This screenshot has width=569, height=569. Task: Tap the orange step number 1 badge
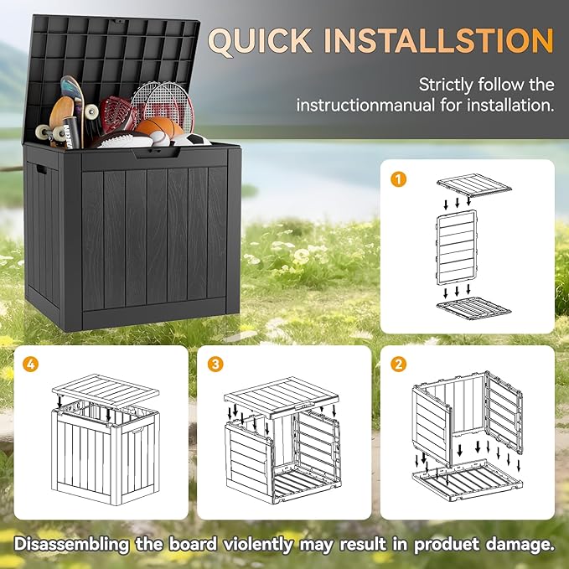pyautogui.click(x=400, y=179)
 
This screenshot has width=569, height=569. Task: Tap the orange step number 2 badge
pyautogui.click(x=400, y=365)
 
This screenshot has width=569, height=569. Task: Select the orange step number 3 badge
pyautogui.click(x=217, y=365)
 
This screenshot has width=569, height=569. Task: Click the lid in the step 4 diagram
pyautogui.click(x=106, y=391)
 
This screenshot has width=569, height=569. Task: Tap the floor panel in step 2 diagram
pyautogui.click(x=466, y=482)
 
